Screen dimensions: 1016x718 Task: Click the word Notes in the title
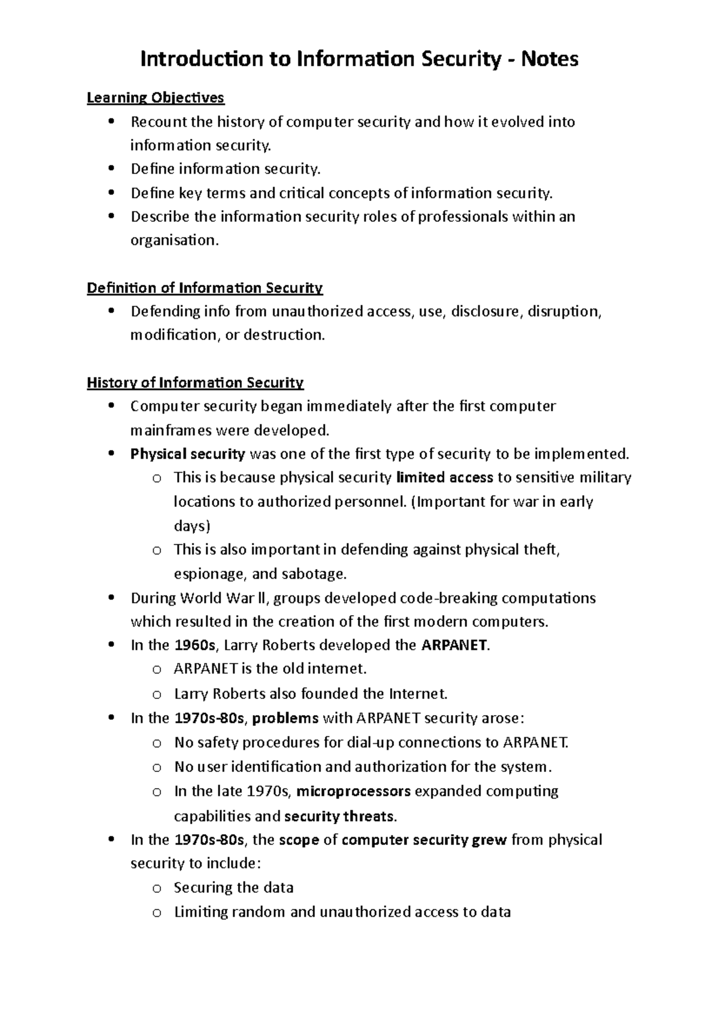coord(549,59)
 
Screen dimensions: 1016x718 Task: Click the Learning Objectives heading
coord(156,98)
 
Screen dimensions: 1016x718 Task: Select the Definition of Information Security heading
coord(205,288)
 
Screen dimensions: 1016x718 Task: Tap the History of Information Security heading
coord(195,383)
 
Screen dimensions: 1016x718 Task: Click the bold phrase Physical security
coord(187,454)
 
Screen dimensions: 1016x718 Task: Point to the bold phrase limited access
coord(445,477)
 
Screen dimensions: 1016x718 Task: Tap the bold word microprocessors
coord(354,792)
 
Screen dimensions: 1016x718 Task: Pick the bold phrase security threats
coord(339,816)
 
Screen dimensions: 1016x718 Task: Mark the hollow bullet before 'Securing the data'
coord(157,889)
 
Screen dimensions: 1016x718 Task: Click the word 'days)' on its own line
coord(192,527)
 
